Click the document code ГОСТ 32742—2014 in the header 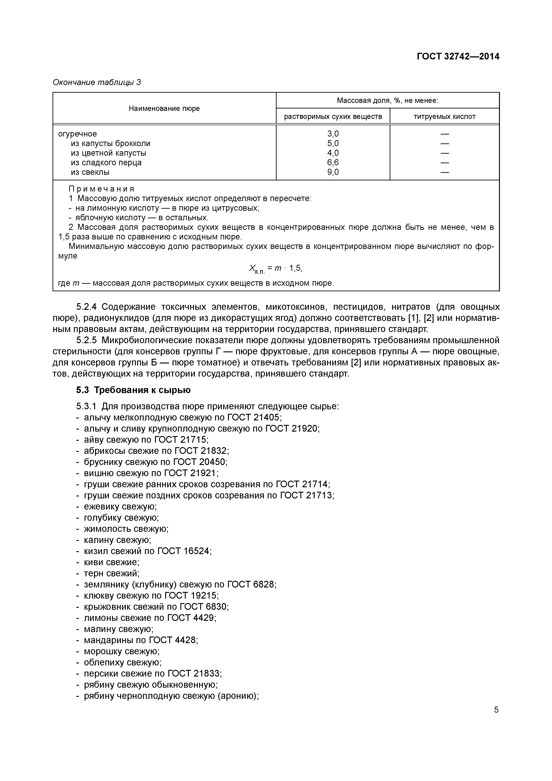[x=458, y=57]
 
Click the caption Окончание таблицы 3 [x=97, y=82]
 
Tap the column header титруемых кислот [x=444, y=117]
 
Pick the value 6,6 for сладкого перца [x=333, y=163]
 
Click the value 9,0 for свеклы [x=333, y=172]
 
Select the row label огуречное [x=77, y=134]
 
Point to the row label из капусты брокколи [x=110, y=144]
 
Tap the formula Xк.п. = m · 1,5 [x=275, y=269]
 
